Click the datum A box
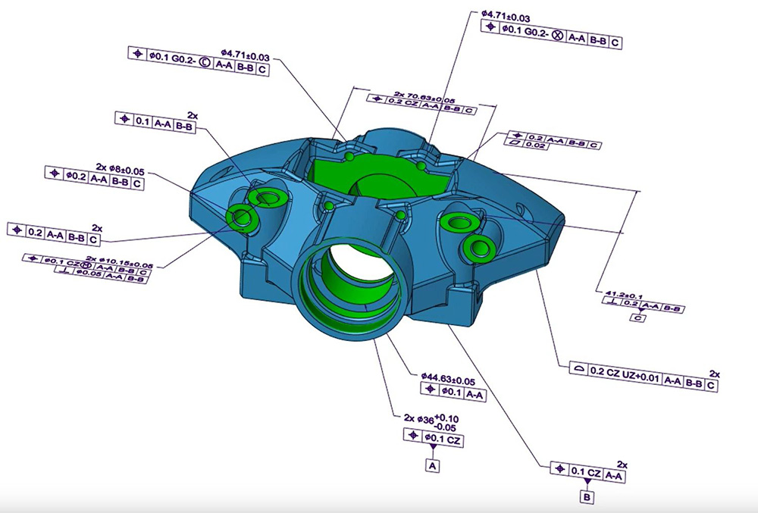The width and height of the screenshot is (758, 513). click(x=434, y=465)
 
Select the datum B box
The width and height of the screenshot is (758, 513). click(x=586, y=497)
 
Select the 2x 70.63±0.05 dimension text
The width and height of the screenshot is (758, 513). click(x=424, y=98)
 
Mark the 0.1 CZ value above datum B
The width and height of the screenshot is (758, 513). click(x=587, y=474)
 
